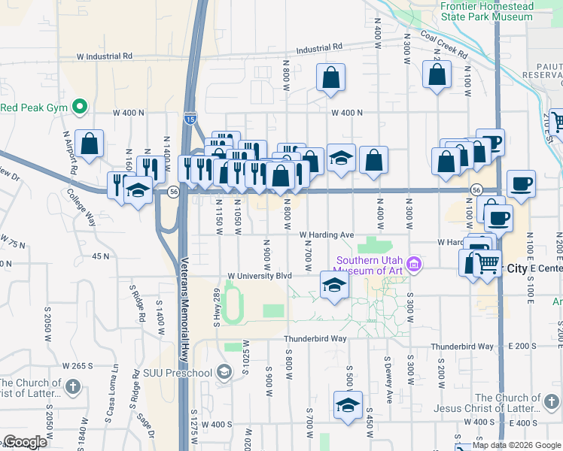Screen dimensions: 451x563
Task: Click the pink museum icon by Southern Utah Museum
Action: point(412,264)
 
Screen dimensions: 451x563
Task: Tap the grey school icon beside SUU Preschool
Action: point(224,372)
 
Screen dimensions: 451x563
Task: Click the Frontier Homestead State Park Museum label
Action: point(486,11)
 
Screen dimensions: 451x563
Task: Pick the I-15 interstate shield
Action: point(190,117)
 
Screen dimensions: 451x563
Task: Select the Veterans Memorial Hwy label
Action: point(185,308)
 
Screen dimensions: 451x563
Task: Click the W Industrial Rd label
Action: point(104,56)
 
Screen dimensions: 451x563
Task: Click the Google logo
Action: point(25,443)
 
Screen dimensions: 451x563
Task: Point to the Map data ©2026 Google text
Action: point(516,445)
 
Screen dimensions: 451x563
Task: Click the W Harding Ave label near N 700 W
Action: point(326,235)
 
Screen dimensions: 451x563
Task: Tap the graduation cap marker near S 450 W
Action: point(348,406)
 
